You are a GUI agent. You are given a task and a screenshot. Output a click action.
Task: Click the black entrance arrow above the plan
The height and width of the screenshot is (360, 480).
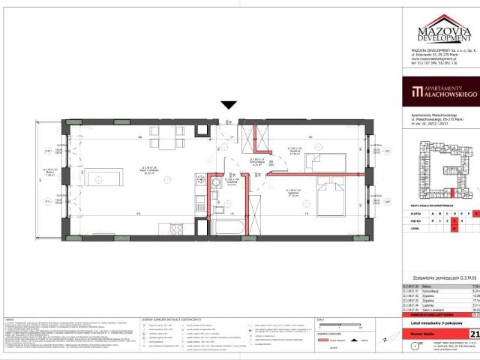click(229, 106)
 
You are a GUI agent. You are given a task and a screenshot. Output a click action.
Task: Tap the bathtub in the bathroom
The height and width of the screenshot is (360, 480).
click(222, 227)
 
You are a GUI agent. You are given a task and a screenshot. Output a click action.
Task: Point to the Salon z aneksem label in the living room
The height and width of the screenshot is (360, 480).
click(154, 169)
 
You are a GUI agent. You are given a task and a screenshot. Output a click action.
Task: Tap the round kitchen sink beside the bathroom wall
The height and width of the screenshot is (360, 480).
click(200, 179)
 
